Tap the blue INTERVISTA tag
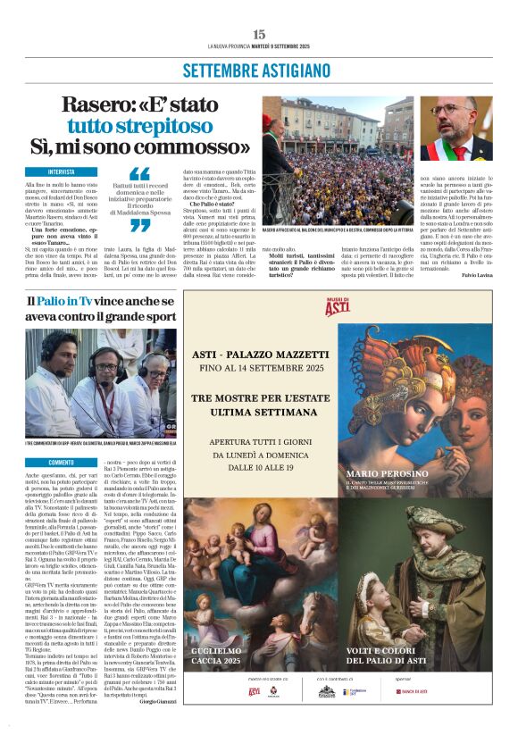pyautogui.click(x=73, y=171)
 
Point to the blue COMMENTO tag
pyautogui.click(x=62, y=462)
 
